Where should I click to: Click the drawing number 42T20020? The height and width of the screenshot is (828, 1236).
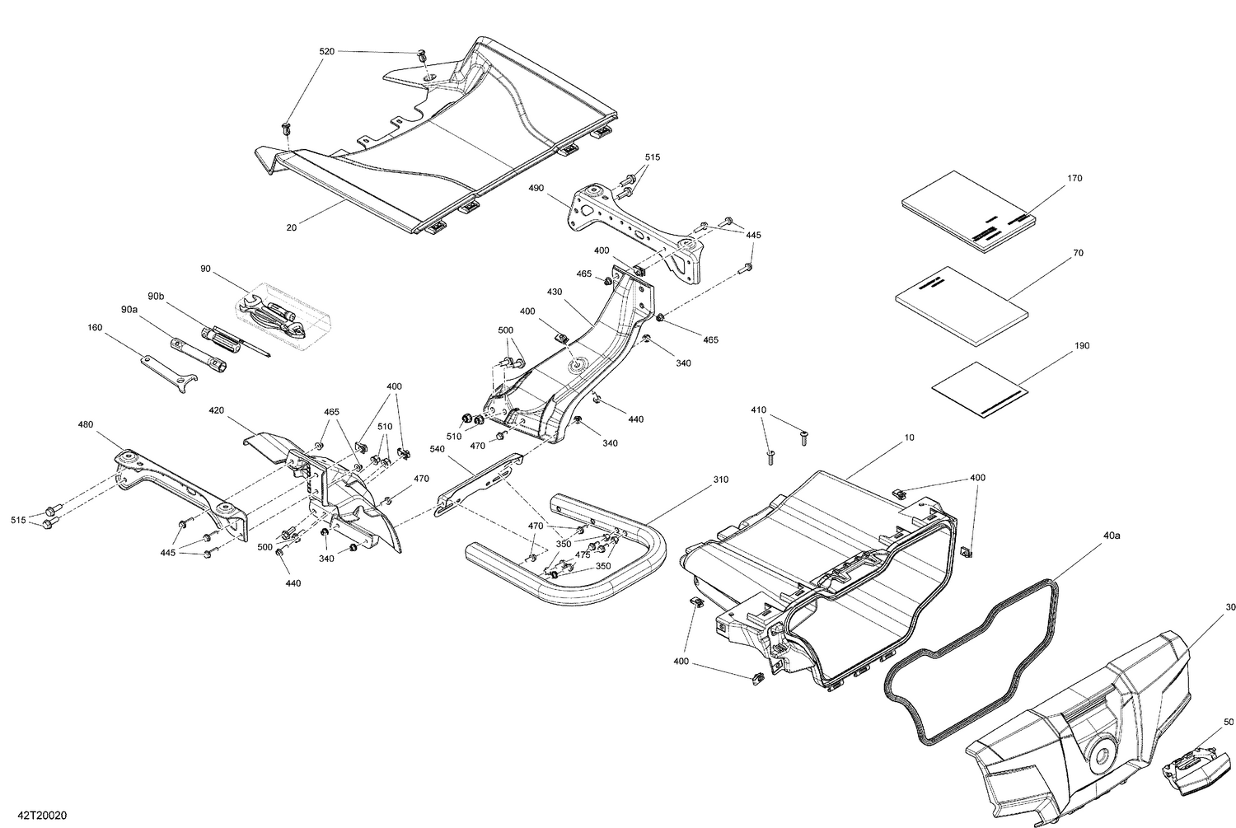click(34, 815)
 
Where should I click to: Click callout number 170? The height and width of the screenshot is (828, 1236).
click(1074, 178)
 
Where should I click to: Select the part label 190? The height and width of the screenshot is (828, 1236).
click(1081, 345)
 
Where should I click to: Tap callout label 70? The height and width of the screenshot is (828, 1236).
click(1078, 254)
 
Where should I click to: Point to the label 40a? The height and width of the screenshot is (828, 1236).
click(1111, 536)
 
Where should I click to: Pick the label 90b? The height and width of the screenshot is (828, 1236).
click(156, 296)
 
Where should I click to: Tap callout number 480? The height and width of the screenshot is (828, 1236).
click(86, 425)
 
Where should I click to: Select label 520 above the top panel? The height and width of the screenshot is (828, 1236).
click(327, 51)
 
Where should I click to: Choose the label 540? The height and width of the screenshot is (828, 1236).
click(438, 449)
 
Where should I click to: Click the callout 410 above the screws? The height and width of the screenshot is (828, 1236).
click(759, 409)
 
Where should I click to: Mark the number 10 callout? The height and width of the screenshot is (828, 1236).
click(909, 438)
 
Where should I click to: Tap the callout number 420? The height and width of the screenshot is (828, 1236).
click(216, 409)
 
